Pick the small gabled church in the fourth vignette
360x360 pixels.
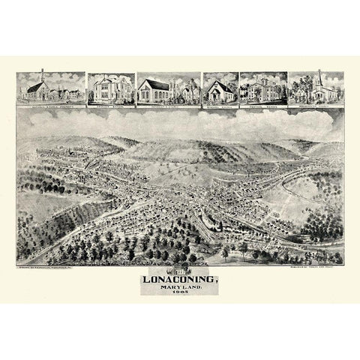[220, 91]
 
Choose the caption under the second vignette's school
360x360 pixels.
[110, 106]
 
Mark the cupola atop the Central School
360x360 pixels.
[263, 79]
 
